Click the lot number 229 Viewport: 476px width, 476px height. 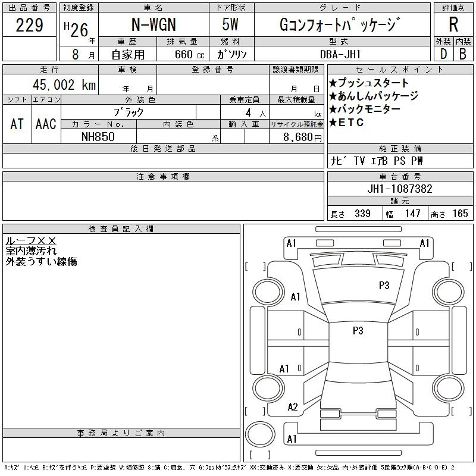(x=29, y=25)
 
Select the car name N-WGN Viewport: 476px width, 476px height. (x=154, y=24)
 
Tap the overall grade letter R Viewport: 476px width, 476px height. (x=453, y=24)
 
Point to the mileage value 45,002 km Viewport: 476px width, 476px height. (x=64, y=84)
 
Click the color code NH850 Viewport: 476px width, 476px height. (x=98, y=137)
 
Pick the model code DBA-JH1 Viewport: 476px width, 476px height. (x=340, y=54)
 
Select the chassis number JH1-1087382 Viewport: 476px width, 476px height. (x=400, y=189)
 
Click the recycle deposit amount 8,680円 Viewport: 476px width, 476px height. (x=302, y=137)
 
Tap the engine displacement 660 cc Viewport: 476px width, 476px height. (x=189, y=54)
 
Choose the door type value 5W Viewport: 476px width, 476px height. (x=230, y=24)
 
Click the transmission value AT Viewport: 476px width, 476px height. (x=17, y=124)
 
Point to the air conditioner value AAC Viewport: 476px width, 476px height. (x=46, y=124)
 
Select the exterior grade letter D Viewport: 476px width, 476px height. (x=443, y=54)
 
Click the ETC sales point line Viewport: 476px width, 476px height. (x=346, y=123)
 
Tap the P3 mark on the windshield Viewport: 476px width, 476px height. (x=384, y=286)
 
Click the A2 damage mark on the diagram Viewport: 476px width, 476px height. (x=293, y=406)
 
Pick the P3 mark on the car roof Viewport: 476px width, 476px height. (x=358, y=330)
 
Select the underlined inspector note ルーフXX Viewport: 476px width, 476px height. (x=31, y=241)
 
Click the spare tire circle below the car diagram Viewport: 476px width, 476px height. (x=260, y=434)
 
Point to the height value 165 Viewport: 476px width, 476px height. (x=460, y=214)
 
